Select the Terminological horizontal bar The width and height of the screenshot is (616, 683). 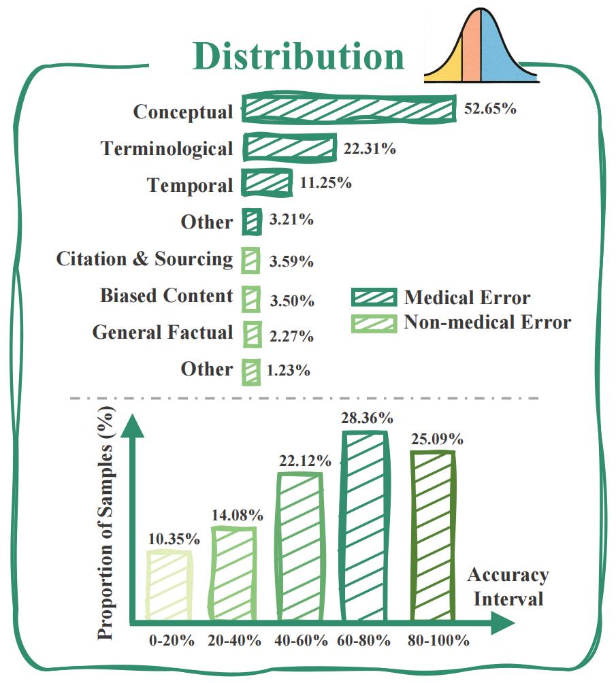click(x=290, y=148)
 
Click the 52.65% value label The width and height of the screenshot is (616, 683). click(x=489, y=109)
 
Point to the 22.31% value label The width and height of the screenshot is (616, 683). click(x=370, y=148)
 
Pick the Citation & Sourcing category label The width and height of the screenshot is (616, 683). click(x=144, y=259)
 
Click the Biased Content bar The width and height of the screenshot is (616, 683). click(x=252, y=298)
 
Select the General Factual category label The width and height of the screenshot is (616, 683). click(x=163, y=333)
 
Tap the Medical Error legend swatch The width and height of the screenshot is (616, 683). click(x=374, y=298)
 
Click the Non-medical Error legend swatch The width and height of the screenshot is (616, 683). click(x=374, y=322)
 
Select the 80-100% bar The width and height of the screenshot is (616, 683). click(x=433, y=535)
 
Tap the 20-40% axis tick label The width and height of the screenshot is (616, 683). click(x=234, y=641)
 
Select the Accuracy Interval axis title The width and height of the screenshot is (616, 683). click(x=508, y=587)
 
